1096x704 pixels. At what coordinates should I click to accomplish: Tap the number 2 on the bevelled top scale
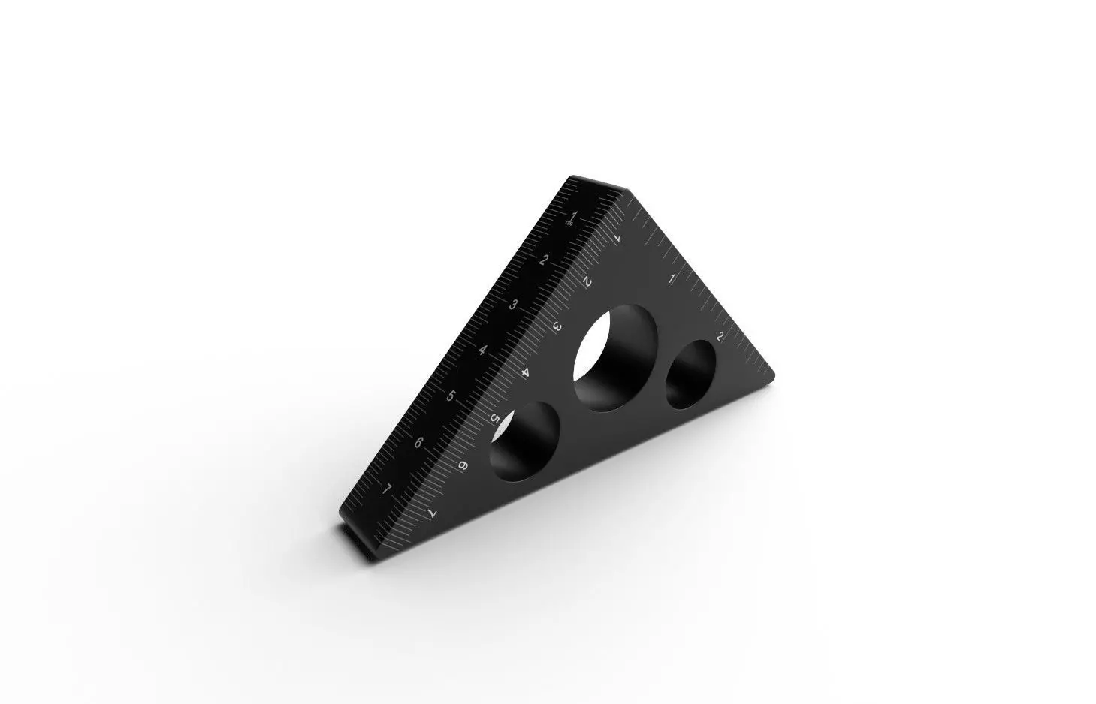point(543,260)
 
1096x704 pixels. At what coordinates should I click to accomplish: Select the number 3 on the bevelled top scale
point(514,305)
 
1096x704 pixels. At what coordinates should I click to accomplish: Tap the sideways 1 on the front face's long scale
point(617,238)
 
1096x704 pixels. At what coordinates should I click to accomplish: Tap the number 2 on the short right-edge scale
point(720,335)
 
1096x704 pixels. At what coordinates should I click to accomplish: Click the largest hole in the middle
point(614,357)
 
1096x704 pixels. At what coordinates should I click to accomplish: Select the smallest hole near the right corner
point(690,374)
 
